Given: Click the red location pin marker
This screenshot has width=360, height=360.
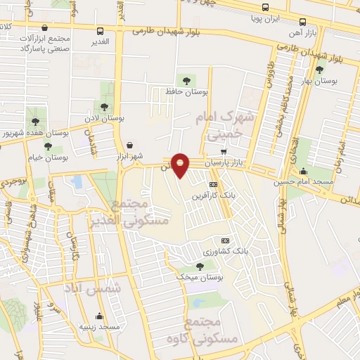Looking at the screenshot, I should click(181, 165).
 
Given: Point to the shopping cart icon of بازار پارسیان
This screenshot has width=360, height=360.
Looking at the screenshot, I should click(224, 152).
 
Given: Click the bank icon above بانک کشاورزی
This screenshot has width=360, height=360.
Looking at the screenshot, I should click(225, 240).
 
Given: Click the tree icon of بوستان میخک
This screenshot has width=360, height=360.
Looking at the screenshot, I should click(200, 266).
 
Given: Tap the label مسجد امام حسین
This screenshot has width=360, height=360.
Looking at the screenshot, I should click(304, 181).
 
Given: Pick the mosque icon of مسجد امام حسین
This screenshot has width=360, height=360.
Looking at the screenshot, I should click(303, 171).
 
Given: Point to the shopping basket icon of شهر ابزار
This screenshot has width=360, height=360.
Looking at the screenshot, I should click(129, 146).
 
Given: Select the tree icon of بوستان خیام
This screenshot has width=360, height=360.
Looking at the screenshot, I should click(48, 146).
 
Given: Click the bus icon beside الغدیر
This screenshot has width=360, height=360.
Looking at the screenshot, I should click(101, 31).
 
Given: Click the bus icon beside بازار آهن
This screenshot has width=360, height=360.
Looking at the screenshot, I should click(302, 22).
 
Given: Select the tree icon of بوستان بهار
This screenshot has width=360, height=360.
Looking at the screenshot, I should click(320, 69).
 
